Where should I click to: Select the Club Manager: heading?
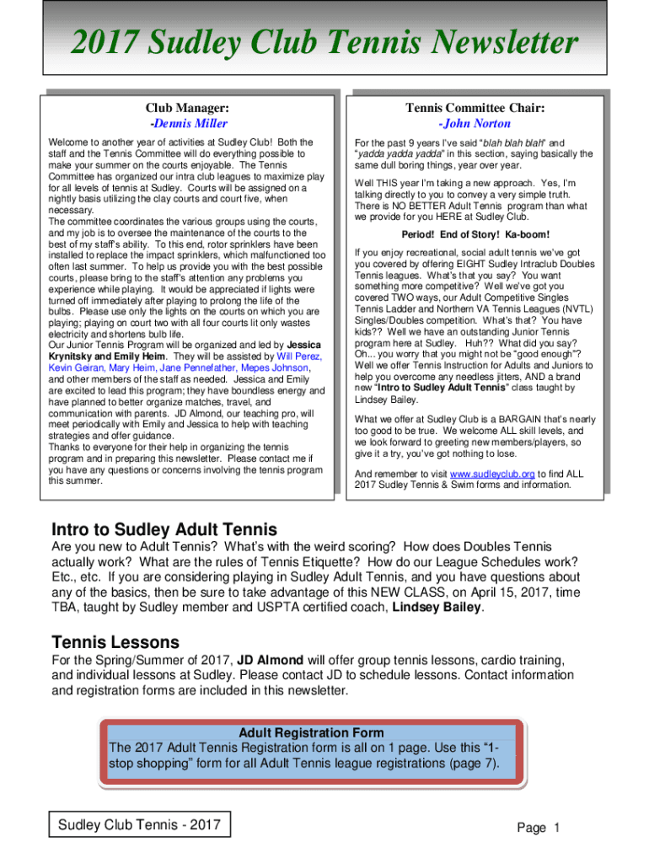[187, 108]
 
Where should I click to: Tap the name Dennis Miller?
[188, 123]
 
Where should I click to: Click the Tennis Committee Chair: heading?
[475, 108]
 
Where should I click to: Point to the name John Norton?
[475, 123]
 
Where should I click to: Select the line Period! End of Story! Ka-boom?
[476, 234]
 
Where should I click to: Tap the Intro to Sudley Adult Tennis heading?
[164, 530]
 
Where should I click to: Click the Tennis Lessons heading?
[115, 642]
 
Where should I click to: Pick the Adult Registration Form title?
[311, 732]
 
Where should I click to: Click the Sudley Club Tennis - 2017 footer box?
[139, 824]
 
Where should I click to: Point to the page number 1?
[557, 828]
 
